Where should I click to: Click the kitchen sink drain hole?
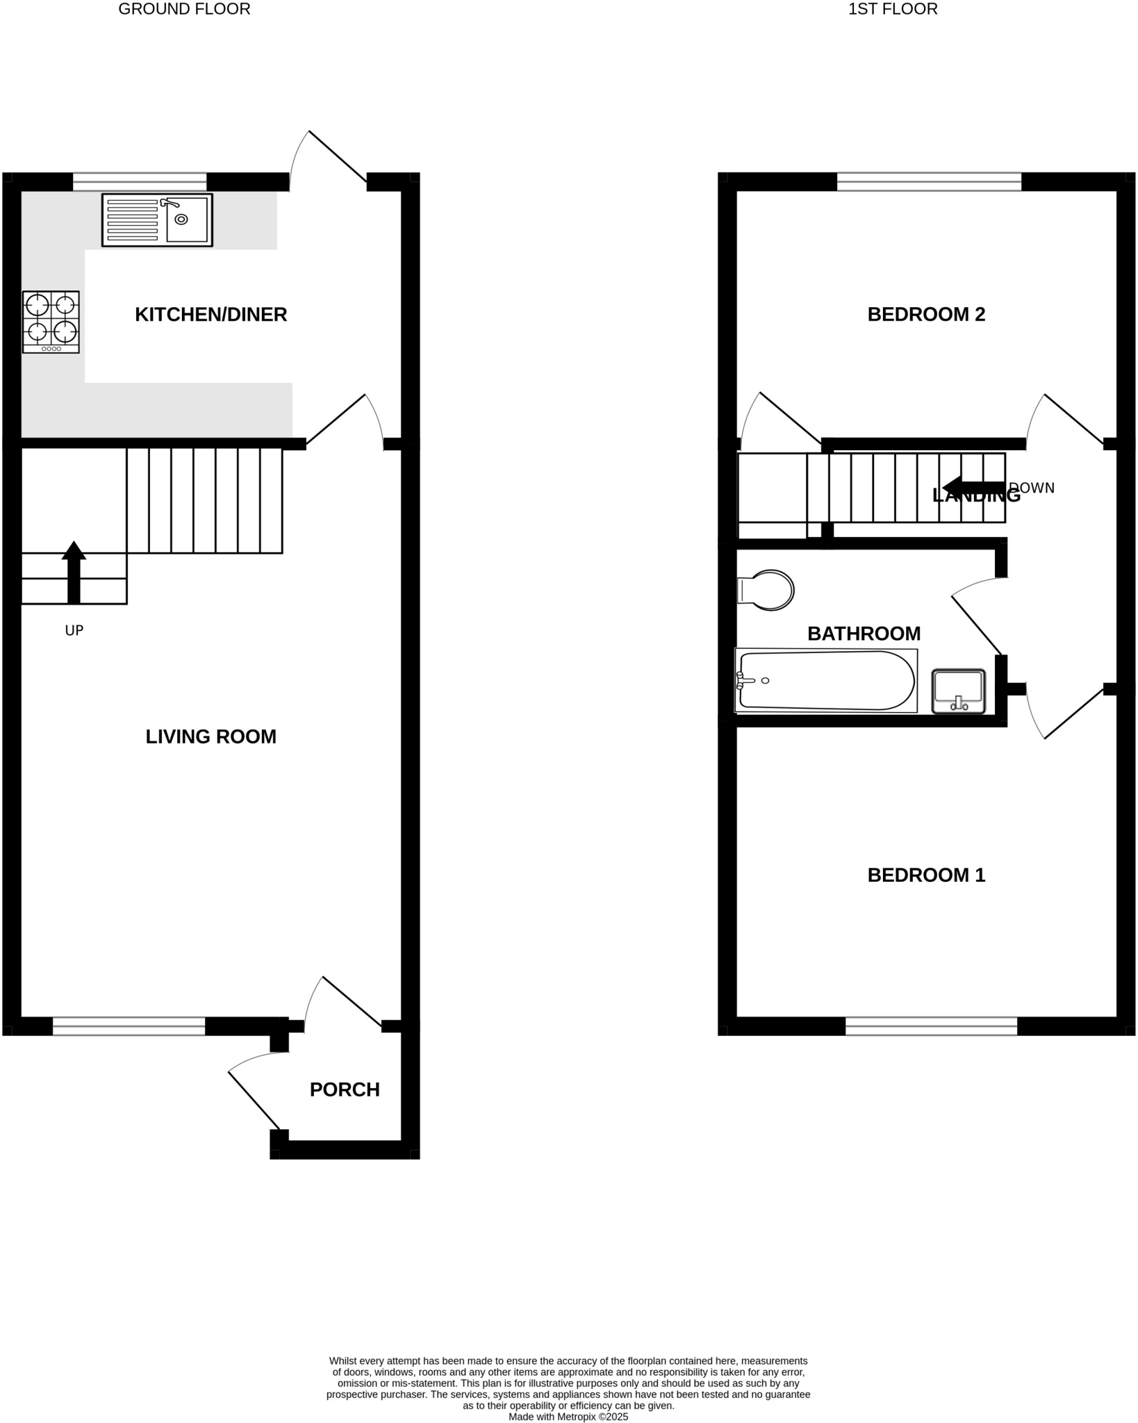(181, 220)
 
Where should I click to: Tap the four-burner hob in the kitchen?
(51, 322)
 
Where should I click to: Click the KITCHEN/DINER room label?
(211, 315)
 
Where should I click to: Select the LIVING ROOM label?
(211, 737)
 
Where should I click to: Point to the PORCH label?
(345, 1089)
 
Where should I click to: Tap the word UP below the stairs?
(74, 631)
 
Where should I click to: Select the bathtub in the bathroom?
(825, 681)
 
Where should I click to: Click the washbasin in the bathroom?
(958, 691)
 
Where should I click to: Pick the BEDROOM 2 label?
(926, 315)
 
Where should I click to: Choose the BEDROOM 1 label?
(926, 875)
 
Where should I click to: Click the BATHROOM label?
(864, 634)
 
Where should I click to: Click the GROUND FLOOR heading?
(184, 9)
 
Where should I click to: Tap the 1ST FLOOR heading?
(893, 9)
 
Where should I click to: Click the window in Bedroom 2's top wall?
(929, 182)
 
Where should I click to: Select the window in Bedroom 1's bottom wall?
(931, 1026)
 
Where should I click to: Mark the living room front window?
(129, 1026)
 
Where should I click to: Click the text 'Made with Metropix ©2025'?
(568, 1416)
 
